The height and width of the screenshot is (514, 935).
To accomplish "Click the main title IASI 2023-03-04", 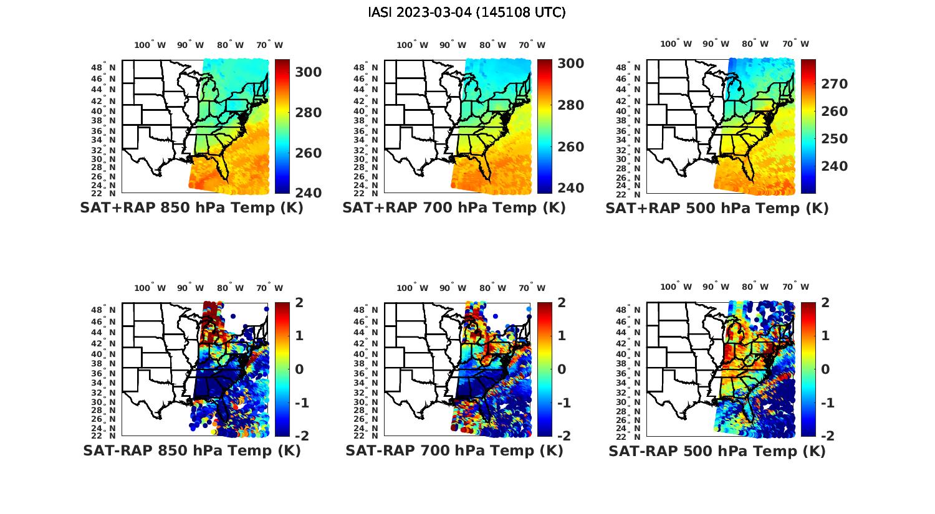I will click(467, 12).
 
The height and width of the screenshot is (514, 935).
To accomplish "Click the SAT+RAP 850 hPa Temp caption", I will click(191, 208).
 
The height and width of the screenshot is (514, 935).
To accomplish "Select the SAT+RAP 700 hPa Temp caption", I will click(454, 208).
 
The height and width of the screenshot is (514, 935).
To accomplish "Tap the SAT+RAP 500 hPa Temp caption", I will click(717, 209).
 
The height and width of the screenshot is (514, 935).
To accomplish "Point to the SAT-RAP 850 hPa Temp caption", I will click(191, 451).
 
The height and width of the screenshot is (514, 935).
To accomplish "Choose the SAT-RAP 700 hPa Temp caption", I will click(454, 451).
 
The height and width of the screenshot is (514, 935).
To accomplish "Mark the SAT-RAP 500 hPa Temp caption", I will click(717, 452).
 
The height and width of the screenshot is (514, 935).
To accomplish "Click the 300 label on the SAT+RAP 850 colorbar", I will click(309, 72).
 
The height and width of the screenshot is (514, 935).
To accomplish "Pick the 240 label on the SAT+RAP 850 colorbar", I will click(309, 193).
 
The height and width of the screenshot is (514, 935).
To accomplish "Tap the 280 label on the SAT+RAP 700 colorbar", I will click(570, 105).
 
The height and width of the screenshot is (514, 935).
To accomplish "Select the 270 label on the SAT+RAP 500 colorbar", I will click(833, 84).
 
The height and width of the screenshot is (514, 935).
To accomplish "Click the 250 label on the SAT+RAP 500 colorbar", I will click(833, 139).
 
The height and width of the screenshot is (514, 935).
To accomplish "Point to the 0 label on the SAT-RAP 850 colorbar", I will click(299, 369).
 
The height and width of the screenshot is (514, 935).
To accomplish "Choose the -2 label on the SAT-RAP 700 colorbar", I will click(559, 436).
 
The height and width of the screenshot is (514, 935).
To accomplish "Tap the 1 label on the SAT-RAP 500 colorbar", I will click(825, 336).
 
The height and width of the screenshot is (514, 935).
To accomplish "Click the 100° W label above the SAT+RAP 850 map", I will click(150, 45).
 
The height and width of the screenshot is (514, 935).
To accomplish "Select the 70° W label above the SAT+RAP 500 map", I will click(796, 44).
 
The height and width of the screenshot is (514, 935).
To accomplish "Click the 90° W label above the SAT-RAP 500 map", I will click(716, 287).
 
